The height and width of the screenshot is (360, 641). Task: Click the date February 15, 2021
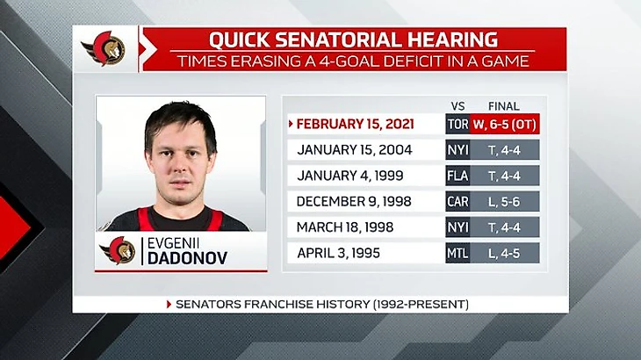pos(355,124)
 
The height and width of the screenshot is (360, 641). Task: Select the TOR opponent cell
pos(457,124)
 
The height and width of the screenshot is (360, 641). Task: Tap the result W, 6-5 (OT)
pos(505,124)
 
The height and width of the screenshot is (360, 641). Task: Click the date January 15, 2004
pos(355,150)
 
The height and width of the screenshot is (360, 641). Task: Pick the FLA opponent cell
pos(457,176)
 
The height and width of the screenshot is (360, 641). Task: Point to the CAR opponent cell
pos(457,201)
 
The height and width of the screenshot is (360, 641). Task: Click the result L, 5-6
pos(505,201)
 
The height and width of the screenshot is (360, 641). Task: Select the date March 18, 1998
pos(345,227)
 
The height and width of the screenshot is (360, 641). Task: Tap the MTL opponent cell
pos(457,254)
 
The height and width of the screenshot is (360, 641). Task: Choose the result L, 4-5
pos(505,254)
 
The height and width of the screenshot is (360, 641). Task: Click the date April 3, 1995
pos(338,254)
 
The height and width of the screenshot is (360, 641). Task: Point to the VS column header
pos(457,106)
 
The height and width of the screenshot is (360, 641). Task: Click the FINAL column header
pos(504,106)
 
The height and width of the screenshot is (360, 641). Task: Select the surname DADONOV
pos(187,258)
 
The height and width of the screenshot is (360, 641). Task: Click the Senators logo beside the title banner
pos(104,49)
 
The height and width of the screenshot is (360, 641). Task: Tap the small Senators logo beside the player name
pos(118,250)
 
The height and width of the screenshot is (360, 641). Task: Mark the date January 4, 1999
pos(350,176)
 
